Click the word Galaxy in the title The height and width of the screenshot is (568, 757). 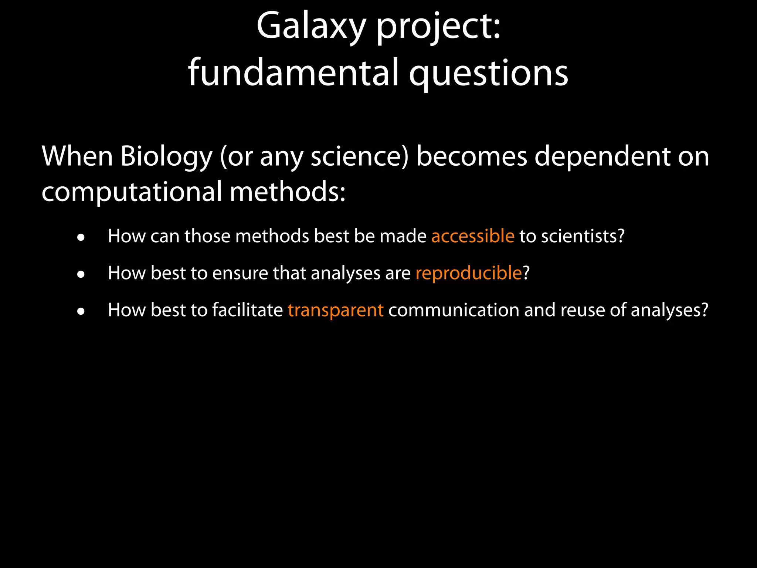(310, 27)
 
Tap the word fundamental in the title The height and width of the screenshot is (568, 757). (293, 73)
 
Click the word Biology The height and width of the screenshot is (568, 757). (166, 156)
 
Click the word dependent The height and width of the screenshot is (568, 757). (602, 156)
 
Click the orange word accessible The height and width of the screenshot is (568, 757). (473, 236)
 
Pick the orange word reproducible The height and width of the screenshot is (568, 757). (468, 273)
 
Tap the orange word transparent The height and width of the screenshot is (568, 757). (336, 310)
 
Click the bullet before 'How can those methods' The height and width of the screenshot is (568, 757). (81, 238)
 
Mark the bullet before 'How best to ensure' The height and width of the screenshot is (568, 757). (81, 275)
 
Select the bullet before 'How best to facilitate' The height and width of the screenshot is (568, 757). (81, 312)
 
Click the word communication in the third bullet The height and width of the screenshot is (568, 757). (454, 310)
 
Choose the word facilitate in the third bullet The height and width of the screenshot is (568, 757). (247, 310)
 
